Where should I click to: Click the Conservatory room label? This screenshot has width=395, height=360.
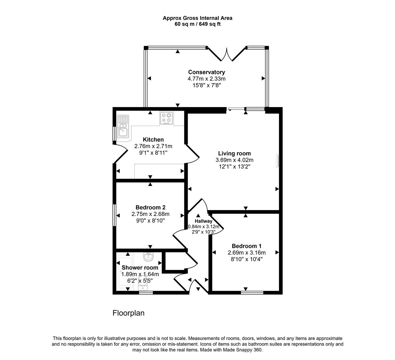tap(206, 72)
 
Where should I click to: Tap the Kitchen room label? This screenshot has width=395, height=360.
tap(153, 140)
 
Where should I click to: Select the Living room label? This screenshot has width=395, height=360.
tap(234, 153)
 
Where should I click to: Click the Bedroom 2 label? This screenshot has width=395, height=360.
tap(150, 207)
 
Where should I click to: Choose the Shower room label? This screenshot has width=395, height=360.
tap(140, 268)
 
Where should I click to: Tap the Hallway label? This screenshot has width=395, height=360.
tap(203, 221)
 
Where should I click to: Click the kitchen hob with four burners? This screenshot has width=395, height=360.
tap(167, 118)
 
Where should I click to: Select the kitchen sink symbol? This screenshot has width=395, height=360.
tap(122, 126)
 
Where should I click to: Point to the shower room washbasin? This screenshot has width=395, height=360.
tap(148, 257)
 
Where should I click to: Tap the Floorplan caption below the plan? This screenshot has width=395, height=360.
tap(128, 313)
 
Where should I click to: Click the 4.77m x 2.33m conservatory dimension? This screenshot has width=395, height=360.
tap(206, 79)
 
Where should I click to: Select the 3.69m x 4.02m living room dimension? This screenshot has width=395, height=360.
tap(234, 160)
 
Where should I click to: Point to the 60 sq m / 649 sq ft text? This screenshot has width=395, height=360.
tap(197, 24)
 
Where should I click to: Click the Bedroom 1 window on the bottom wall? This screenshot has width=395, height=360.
tap(252, 293)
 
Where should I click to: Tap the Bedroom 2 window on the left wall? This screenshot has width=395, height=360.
tap(114, 215)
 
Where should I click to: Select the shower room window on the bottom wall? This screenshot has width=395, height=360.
tap(146, 293)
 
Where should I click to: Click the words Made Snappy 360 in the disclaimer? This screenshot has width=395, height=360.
tap(245, 350)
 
